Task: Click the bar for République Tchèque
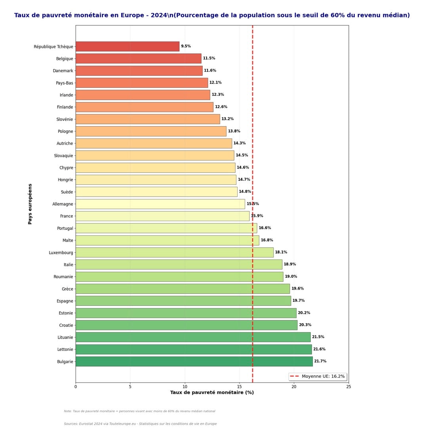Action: point(127,46)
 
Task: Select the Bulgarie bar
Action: point(194,361)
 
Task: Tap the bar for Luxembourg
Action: point(174,252)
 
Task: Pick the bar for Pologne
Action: point(151,131)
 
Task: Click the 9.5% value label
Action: point(186,46)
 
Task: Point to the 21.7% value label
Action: point(320,361)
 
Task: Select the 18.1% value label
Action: point(281,252)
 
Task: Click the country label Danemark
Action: point(63,71)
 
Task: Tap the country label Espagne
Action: point(65,301)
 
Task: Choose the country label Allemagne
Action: point(63,204)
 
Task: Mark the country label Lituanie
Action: point(65,337)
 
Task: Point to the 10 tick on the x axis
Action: point(185,386)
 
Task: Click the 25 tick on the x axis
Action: point(348,386)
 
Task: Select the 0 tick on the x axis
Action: point(76,386)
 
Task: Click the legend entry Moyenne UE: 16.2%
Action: point(323,376)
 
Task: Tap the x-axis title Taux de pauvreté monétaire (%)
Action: point(212,392)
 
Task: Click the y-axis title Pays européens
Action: point(30,204)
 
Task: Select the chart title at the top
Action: point(212,15)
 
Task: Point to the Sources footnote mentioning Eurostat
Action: point(140,424)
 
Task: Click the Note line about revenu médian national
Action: point(139,411)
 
